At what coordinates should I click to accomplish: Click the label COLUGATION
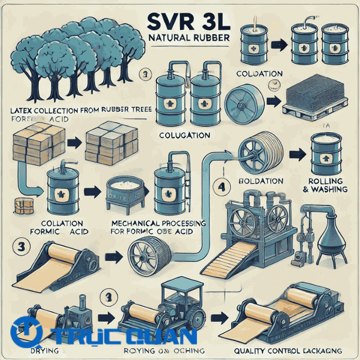pyautogui.click(x=185, y=135)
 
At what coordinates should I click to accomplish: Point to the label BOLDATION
pyautogui.click(x=261, y=182)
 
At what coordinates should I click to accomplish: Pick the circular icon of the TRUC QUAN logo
pyautogui.click(x=26, y=332)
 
